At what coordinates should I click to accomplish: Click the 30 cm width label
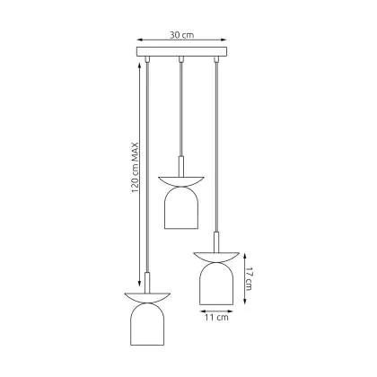point(182,35)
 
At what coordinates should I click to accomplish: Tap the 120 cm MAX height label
point(136,168)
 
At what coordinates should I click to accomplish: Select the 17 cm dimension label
point(249,278)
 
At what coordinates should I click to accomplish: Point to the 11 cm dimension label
point(216,317)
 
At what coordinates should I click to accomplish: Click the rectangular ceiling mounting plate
point(182,51)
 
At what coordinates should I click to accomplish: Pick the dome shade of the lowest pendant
point(147,324)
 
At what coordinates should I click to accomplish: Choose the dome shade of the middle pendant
point(181,207)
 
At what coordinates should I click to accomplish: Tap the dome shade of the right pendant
point(216,284)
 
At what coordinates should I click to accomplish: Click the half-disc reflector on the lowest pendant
point(147,297)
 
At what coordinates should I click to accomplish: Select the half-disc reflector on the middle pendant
point(181,180)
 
